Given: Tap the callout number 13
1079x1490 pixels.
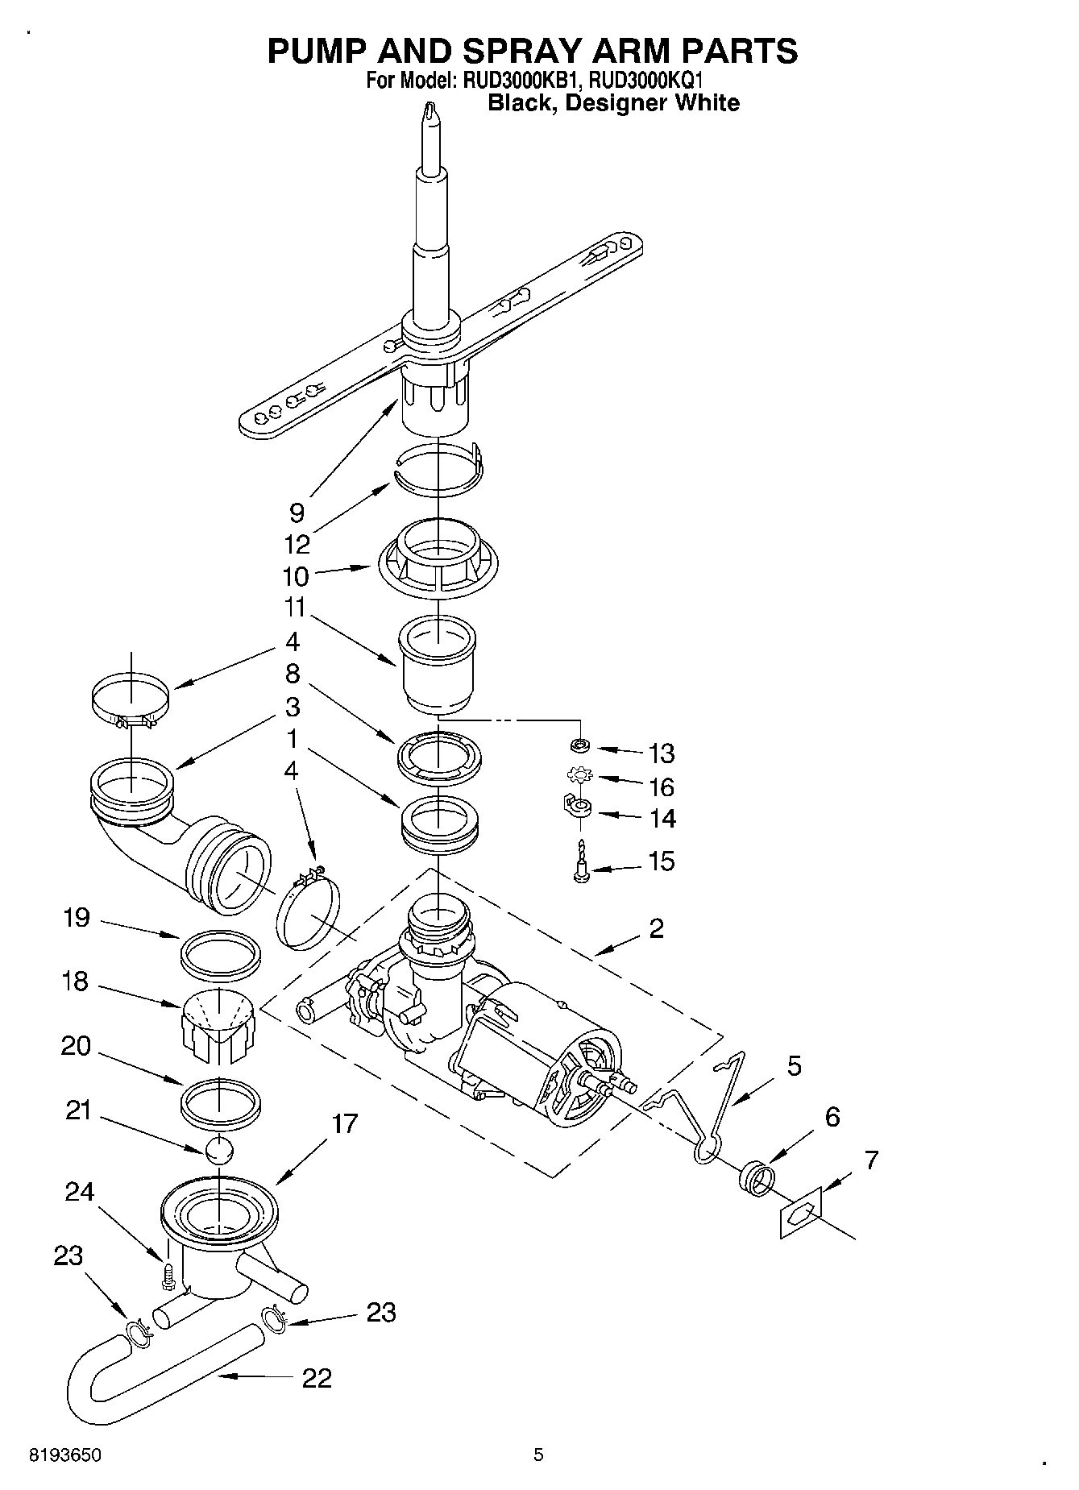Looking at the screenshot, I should (x=662, y=753).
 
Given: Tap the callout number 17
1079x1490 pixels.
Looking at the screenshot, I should (x=344, y=1124).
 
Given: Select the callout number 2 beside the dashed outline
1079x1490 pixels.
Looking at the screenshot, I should (x=657, y=928).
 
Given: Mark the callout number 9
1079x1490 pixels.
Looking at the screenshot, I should (x=297, y=513).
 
